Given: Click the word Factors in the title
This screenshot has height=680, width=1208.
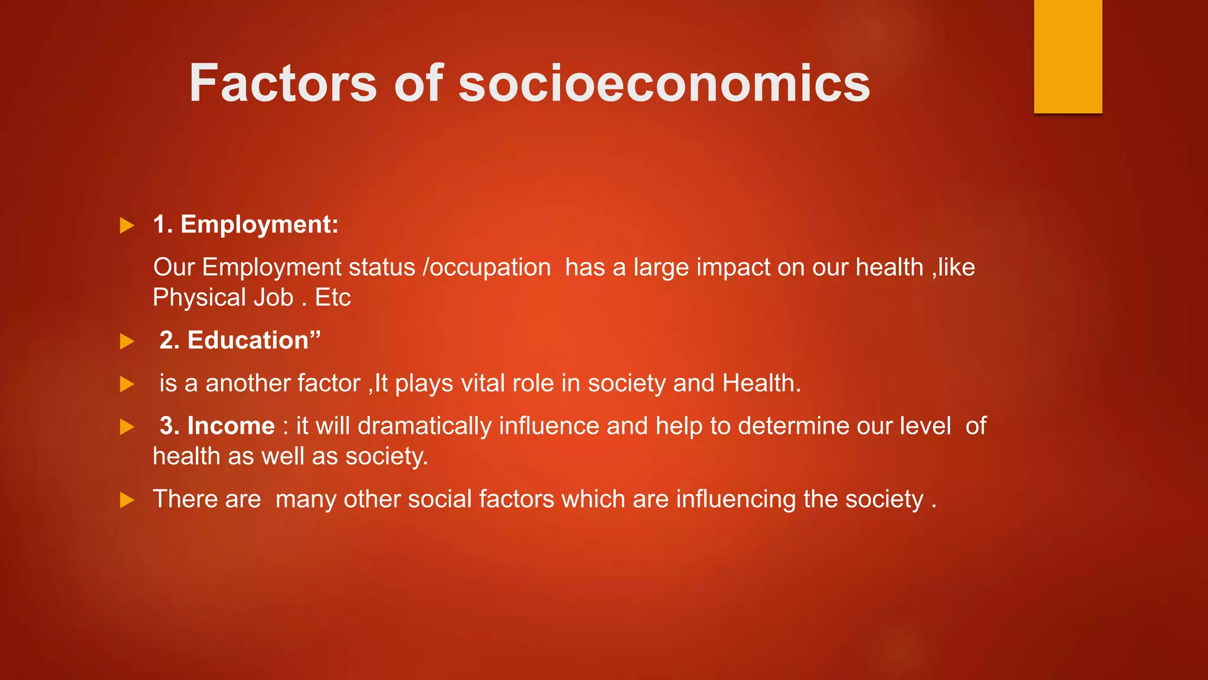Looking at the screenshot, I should pos(283,83).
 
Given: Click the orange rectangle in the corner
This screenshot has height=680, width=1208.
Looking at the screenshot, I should pos(1068,56).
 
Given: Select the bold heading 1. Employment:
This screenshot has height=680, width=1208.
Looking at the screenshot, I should pos(245,225).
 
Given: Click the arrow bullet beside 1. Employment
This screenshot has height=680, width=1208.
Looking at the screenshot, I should pos(127,225).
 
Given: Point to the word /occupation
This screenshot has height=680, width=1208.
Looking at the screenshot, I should pos(487,267).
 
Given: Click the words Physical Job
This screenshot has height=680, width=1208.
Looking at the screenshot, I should pos(223,297).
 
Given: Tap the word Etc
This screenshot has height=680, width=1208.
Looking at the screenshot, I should pos(333,297).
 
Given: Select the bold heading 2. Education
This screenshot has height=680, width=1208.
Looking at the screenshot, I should pos(239,341).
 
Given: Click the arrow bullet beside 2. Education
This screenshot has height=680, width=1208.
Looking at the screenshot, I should pos(127,341).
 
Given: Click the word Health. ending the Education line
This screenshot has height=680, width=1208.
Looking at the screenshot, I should pos(761,384).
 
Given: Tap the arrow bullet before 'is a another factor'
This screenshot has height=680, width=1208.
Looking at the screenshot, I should pos(127,384).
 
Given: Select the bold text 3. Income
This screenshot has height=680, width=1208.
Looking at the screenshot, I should pos(217,426).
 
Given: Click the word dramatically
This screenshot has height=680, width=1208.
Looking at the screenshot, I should pos(424,426).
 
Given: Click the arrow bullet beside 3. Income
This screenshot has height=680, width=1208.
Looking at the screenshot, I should pos(127,427).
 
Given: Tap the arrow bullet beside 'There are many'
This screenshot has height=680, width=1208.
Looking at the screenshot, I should pos(127,501).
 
